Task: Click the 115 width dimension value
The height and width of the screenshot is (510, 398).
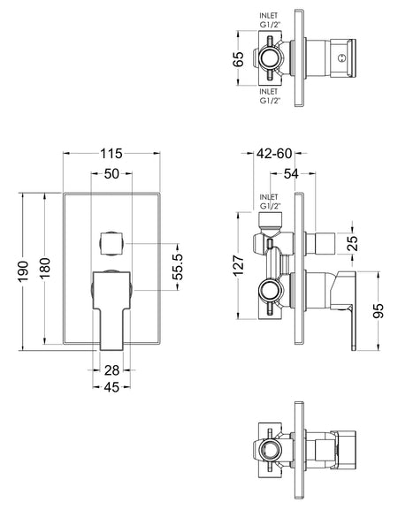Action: [x=111, y=154]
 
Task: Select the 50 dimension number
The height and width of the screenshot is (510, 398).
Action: [x=111, y=174]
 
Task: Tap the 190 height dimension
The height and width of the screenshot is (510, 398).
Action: [x=23, y=271]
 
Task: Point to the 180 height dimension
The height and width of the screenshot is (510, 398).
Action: [x=45, y=268]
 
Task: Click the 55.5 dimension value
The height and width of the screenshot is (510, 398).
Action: [x=178, y=267]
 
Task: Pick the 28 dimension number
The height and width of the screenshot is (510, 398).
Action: [x=111, y=369]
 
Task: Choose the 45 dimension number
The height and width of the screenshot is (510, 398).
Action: [x=111, y=387]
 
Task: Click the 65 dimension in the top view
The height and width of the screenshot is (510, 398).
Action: [x=239, y=59]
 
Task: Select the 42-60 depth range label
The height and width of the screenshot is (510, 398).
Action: [x=274, y=154]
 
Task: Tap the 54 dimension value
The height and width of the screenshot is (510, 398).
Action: [x=291, y=174]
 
